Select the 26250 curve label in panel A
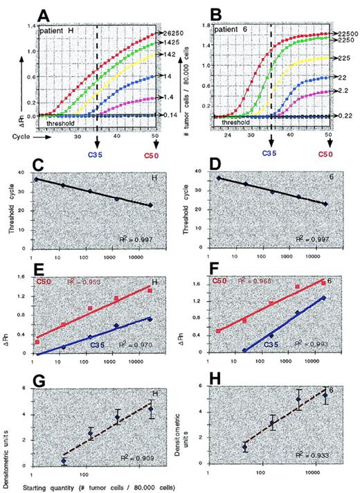click(x=168, y=33)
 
